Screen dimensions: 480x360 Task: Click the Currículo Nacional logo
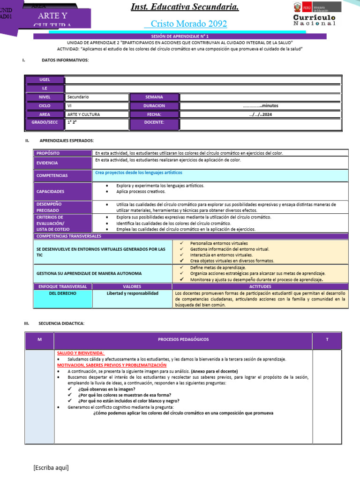315,15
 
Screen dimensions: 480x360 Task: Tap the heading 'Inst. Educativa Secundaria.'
185,7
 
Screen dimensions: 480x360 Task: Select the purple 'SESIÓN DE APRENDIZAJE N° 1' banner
187,36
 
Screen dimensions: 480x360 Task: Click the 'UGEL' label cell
45,80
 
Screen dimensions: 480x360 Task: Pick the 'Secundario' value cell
97,97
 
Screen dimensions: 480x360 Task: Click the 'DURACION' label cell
154,106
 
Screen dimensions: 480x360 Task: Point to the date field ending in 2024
260,114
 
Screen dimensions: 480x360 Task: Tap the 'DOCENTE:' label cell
154,123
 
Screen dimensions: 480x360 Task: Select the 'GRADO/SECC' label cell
45,123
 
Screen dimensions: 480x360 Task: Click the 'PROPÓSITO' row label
63,153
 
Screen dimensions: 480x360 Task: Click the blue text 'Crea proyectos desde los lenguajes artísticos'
139,172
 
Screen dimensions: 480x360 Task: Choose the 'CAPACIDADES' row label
63,191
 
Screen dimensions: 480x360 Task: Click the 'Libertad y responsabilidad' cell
133,293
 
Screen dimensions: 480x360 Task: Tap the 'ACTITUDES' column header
260,286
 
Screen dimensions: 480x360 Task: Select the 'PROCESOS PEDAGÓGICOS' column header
183,339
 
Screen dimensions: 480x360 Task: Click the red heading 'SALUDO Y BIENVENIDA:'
81,353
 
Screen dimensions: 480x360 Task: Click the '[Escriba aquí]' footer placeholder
51,468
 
